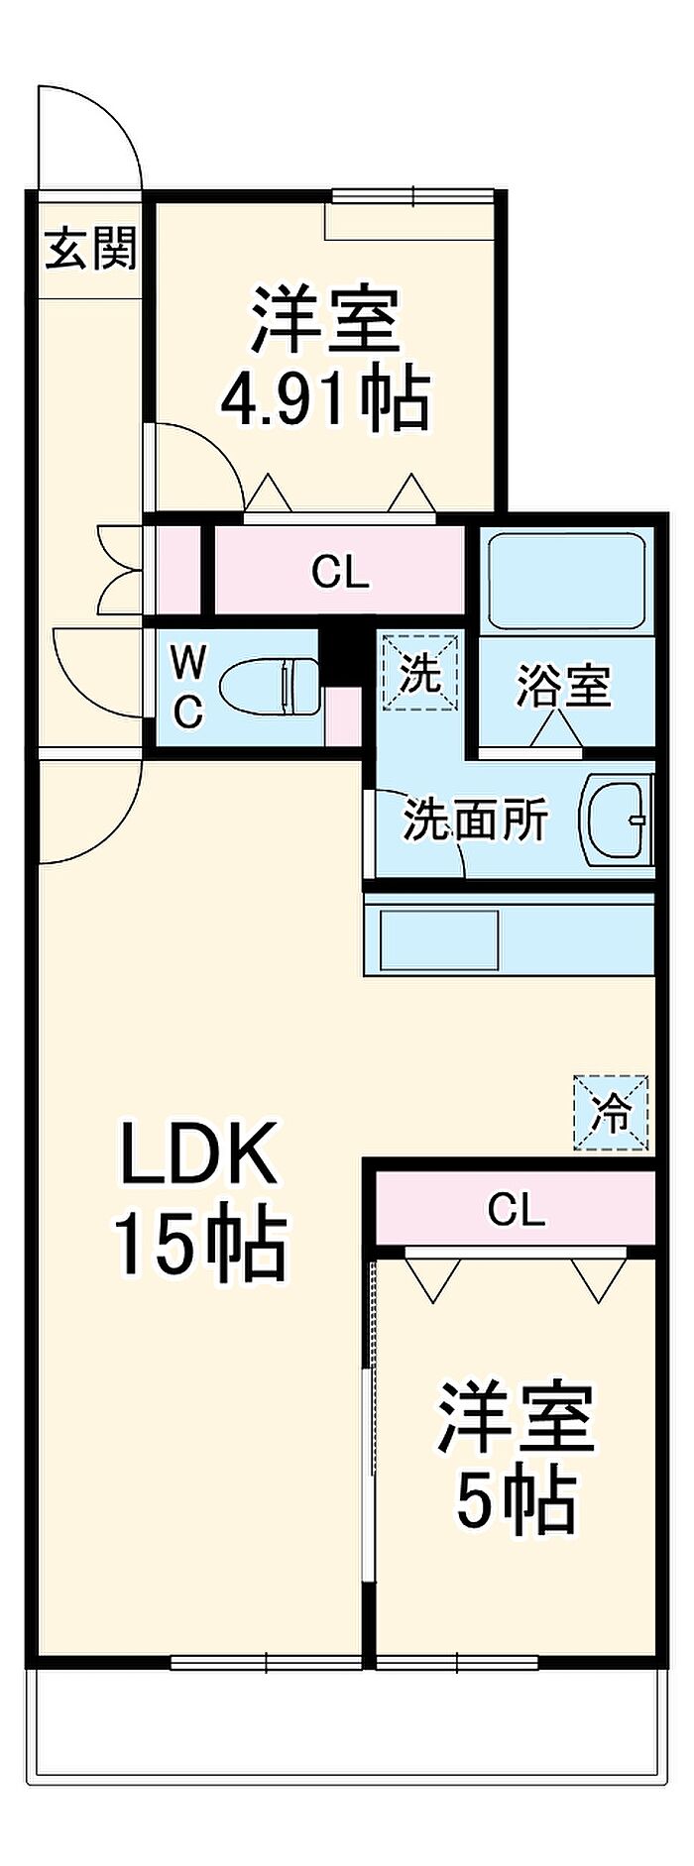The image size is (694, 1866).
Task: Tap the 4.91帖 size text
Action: point(325,399)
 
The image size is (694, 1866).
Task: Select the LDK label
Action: point(197,1153)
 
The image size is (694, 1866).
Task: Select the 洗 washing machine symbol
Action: point(420,674)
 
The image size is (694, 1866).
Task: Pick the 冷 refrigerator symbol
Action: point(612,1113)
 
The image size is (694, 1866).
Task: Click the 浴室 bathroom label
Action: point(563,686)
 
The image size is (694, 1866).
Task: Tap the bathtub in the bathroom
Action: point(562,581)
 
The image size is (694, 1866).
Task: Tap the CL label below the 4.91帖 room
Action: point(340,572)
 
